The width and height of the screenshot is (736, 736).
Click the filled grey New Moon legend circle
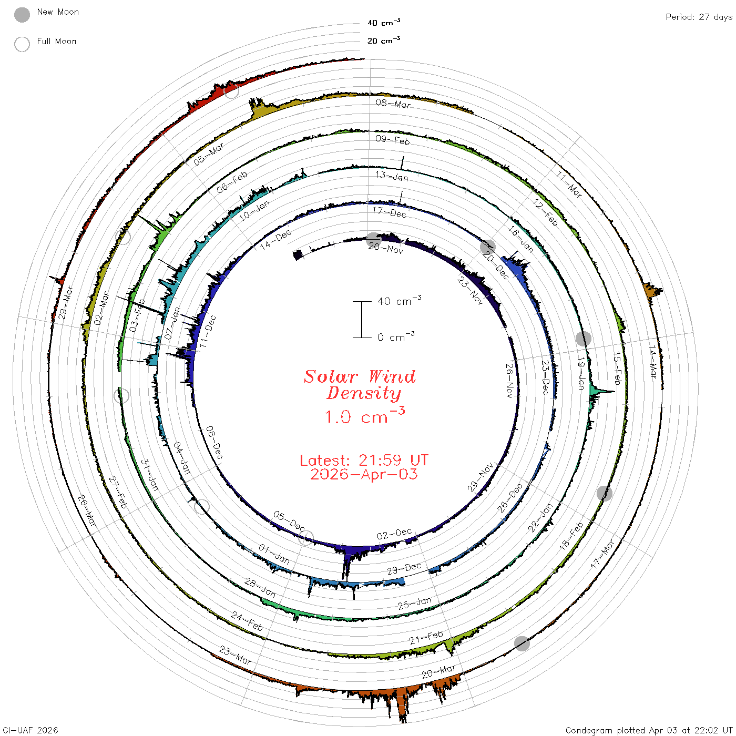(22, 15)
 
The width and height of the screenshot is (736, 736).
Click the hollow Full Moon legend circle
(22, 44)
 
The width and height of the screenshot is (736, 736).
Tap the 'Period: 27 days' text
(699, 17)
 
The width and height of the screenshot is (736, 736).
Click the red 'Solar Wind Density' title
(360, 385)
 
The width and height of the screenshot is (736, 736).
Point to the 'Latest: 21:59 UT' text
(364, 460)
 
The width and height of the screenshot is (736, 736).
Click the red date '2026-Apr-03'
(364, 474)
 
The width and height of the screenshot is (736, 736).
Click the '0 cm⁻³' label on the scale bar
(396, 336)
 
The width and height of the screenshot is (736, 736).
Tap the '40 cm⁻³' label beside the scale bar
(400, 301)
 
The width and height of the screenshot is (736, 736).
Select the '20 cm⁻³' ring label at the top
(384, 40)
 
